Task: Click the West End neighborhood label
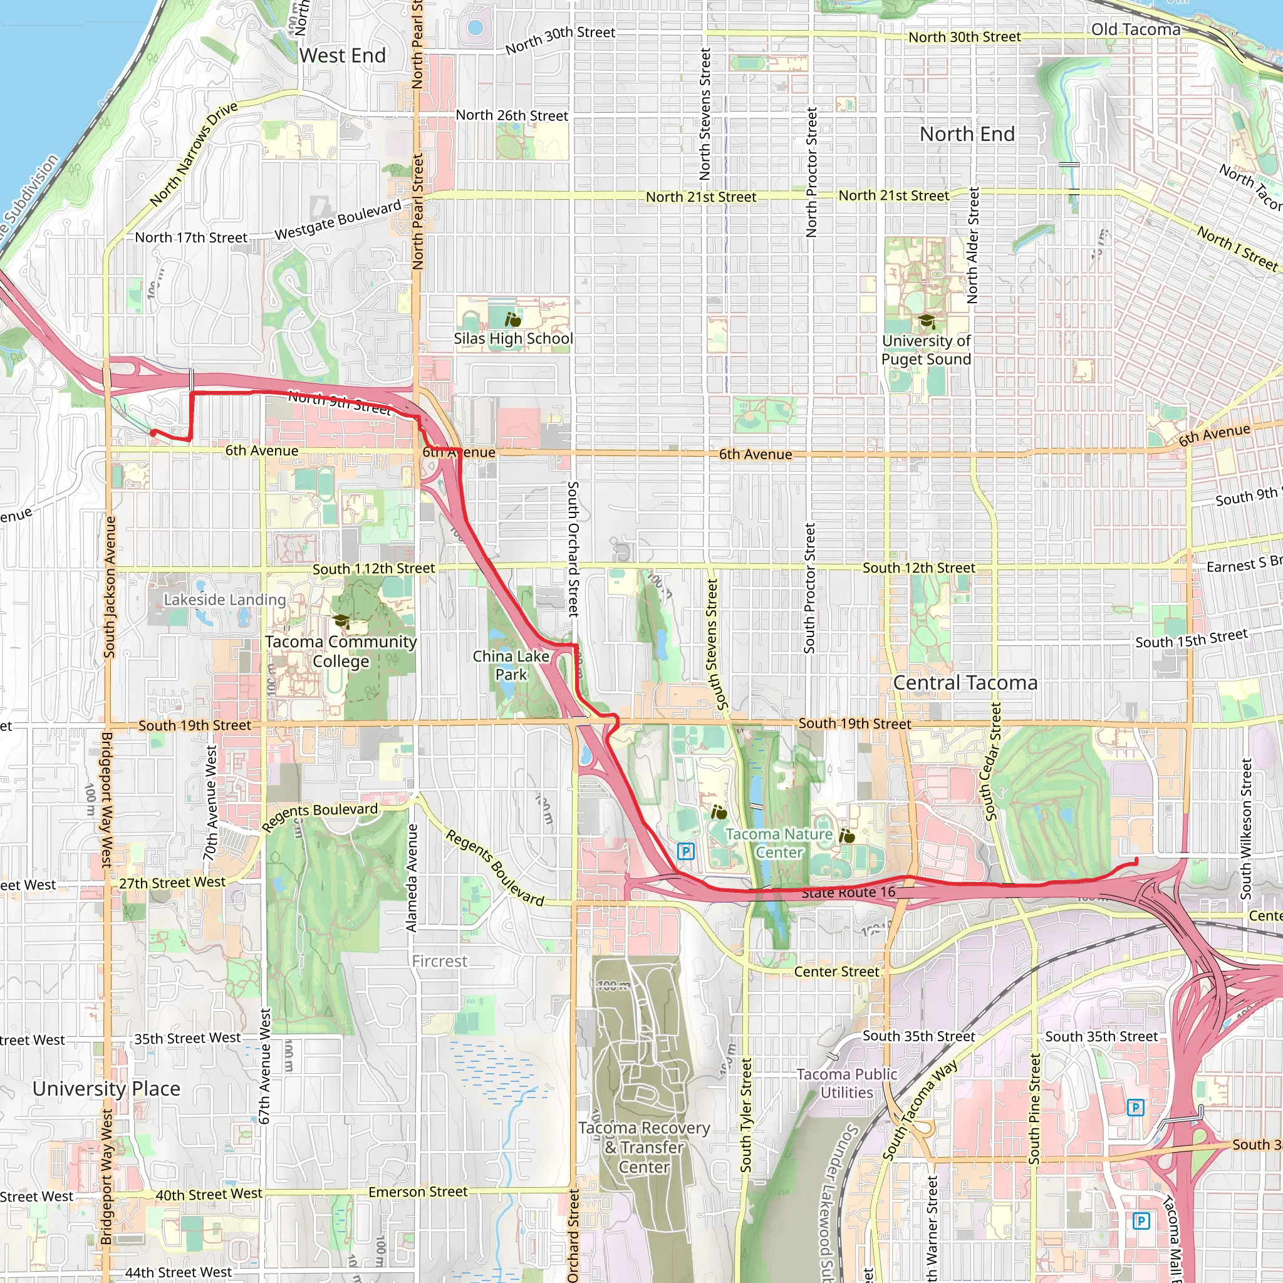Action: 342,55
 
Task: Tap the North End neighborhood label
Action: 967,134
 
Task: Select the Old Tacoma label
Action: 1136,29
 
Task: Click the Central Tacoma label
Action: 965,683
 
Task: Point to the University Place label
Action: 106,1088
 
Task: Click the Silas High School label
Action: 513,339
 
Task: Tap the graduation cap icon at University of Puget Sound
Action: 927,322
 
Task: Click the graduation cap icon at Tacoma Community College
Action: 341,621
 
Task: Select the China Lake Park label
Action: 511,665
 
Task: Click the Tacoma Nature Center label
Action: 779,843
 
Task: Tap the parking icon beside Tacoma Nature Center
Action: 686,851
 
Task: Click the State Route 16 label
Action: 848,893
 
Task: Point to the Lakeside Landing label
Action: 224,600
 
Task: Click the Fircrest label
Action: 440,961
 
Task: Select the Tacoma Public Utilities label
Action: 847,1083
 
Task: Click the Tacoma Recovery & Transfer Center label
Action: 643,1147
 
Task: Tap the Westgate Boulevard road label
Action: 338,220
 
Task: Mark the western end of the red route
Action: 153,433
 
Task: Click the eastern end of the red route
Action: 1136,861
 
